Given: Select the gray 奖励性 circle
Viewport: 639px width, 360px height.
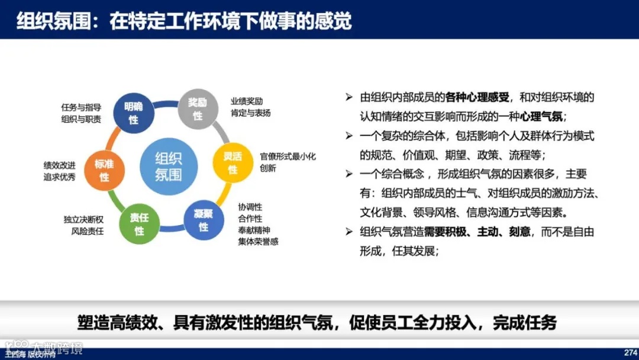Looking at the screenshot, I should (x=198, y=108).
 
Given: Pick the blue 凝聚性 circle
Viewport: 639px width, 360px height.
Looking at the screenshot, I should (x=204, y=220).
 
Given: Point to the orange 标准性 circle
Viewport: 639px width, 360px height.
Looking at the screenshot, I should (x=105, y=171).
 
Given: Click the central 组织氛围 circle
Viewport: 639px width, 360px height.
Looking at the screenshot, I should (x=169, y=166).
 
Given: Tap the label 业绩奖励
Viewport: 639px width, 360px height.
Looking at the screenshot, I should (x=247, y=101).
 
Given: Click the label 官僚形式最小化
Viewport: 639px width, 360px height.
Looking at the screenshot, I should (x=288, y=157).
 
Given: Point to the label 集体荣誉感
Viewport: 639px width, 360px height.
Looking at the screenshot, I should (x=258, y=242).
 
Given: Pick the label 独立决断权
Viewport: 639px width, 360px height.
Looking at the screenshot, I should (x=83, y=220).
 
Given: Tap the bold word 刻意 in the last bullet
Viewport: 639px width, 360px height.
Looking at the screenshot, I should (x=519, y=232).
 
